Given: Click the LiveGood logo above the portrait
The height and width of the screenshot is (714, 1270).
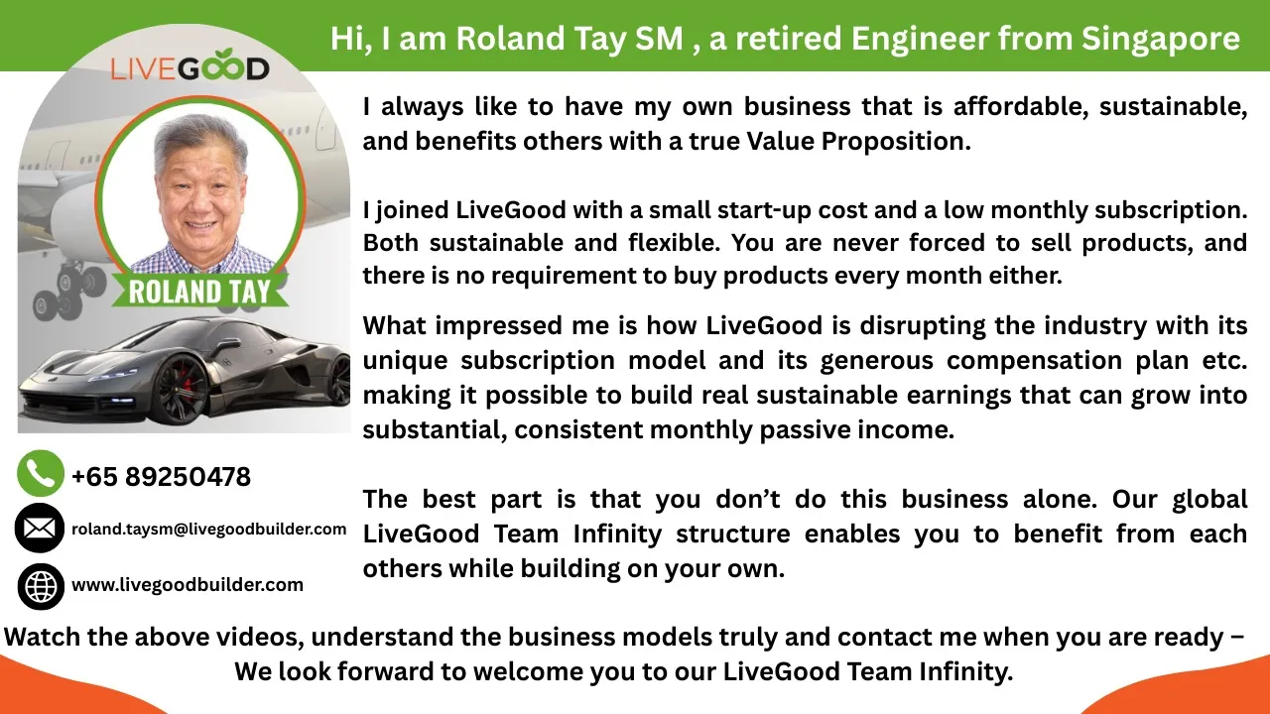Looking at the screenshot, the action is click(190, 66).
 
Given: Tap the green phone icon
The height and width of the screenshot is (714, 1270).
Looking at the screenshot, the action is click(41, 474).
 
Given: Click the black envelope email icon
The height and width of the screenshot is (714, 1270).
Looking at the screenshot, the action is click(40, 529).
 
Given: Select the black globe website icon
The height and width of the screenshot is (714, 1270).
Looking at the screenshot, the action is click(41, 586).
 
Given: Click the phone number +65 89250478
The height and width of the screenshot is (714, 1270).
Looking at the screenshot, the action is click(161, 477).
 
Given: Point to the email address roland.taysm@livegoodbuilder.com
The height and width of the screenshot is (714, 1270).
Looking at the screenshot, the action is click(208, 530).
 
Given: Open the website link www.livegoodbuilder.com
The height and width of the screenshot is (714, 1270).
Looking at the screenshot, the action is click(188, 585).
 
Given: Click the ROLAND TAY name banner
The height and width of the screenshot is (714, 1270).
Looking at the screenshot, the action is click(199, 292).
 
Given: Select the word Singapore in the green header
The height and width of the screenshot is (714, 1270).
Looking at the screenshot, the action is click(1161, 40).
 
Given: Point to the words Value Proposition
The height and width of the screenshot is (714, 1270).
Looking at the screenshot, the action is click(859, 142).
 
